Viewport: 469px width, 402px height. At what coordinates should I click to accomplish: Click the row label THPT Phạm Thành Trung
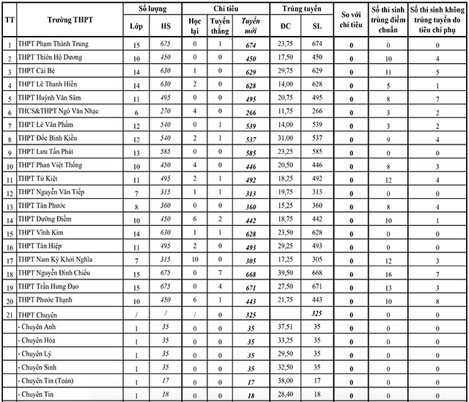tap(53, 44)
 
